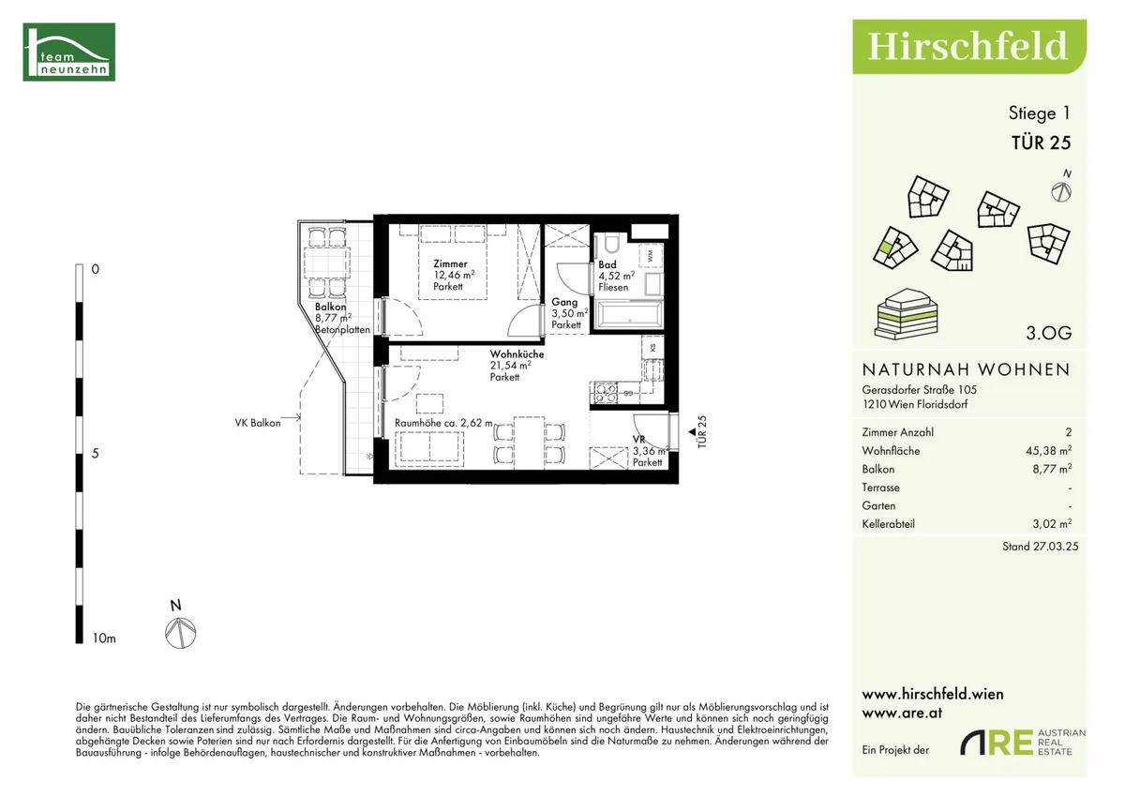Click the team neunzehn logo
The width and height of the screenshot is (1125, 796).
68,52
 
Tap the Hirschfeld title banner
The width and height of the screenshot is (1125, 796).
969,47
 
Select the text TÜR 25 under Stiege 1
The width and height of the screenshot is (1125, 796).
1042,143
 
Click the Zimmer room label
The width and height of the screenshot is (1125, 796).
450,263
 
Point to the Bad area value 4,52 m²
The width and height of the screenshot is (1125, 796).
616,276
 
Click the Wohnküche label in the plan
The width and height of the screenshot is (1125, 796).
517,354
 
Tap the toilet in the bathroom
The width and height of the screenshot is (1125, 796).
611,244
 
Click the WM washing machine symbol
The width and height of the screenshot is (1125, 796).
651,256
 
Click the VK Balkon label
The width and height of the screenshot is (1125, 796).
258,423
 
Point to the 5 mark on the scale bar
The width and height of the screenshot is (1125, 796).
96,454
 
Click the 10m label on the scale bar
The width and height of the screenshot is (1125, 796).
104,638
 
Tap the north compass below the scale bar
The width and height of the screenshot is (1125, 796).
180,633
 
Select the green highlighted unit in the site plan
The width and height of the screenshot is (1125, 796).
885,248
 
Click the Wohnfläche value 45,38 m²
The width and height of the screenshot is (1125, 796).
1049,450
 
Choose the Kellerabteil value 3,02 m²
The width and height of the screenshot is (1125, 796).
1052,524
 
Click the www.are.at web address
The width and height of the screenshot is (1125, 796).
902,713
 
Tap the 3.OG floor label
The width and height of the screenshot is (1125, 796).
1049,333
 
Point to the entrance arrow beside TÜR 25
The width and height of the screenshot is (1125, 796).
692,432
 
